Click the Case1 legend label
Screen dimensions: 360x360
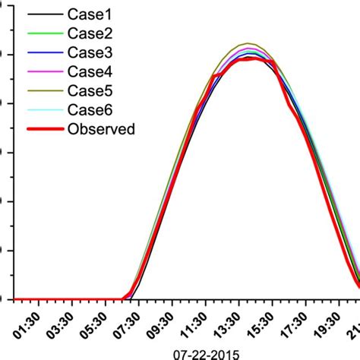pyautogui.click(x=90, y=14)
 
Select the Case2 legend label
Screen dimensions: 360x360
pyautogui.click(x=90, y=33)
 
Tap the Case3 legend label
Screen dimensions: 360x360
pyautogui.click(x=90, y=52)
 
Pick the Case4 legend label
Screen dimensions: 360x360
pyautogui.click(x=90, y=71)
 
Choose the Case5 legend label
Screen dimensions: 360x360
pyautogui.click(x=90, y=90)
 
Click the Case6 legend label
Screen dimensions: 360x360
pyautogui.click(x=90, y=109)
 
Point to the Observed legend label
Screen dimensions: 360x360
pyautogui.click(x=101, y=128)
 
